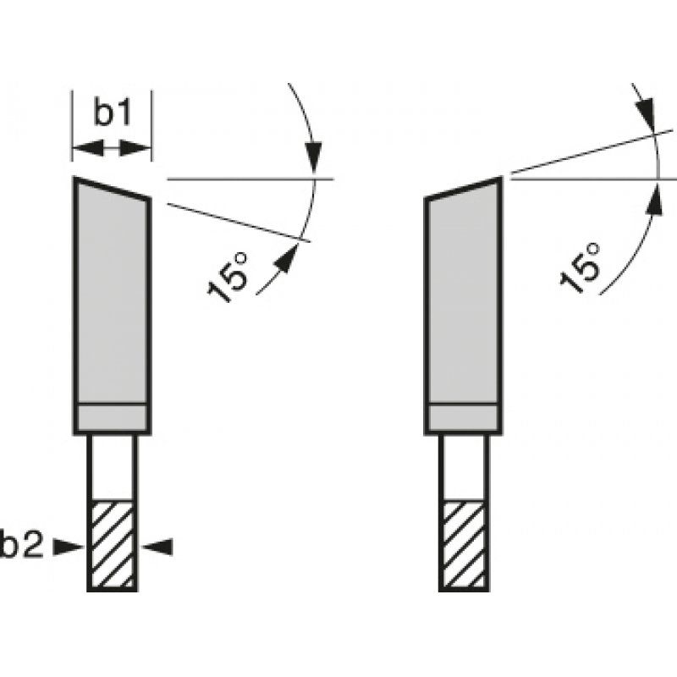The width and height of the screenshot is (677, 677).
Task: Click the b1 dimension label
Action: (x=111, y=113)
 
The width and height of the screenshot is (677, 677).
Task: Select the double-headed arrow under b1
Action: (x=112, y=149)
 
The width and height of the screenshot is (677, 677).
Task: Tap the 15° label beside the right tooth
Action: (x=581, y=268)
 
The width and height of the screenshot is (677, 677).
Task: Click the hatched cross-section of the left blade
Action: (x=112, y=545)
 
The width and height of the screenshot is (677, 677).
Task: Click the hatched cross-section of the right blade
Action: (x=463, y=545)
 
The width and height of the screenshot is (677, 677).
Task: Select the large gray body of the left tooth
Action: (x=112, y=296)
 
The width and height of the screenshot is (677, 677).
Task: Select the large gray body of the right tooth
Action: (x=463, y=296)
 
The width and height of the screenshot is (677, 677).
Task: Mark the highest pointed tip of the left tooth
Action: (x=74, y=179)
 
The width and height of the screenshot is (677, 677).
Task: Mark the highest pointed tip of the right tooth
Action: (x=501, y=179)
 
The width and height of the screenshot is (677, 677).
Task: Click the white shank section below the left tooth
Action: (x=112, y=466)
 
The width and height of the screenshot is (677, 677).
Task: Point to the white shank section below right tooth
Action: (x=463, y=466)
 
